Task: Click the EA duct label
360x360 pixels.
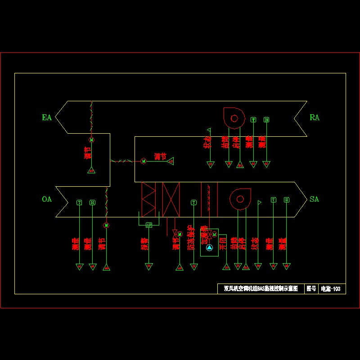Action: coord(47,117)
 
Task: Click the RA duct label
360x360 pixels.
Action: coord(315,117)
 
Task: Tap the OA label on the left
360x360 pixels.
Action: coord(47,199)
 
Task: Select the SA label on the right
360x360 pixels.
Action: coord(315,199)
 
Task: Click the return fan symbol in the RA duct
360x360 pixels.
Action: coord(234,118)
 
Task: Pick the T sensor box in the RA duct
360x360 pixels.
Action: coord(253,120)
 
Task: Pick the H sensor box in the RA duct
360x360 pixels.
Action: coord(266,120)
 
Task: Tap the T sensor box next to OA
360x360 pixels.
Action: coord(79,202)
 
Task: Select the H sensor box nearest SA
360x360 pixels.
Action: coord(287,199)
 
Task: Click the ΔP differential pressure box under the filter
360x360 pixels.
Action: coord(149,225)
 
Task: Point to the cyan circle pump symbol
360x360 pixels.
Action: coord(209,247)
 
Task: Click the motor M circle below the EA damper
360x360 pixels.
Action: coord(91,140)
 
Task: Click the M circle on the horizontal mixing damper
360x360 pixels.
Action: coord(144,161)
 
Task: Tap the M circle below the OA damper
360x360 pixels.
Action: coord(106,225)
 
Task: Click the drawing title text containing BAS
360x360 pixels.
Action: coord(261,289)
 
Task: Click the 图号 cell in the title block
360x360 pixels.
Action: coord(311,289)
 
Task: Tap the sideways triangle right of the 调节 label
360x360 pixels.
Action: coord(171,161)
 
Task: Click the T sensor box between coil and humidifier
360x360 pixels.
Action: coord(193,202)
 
